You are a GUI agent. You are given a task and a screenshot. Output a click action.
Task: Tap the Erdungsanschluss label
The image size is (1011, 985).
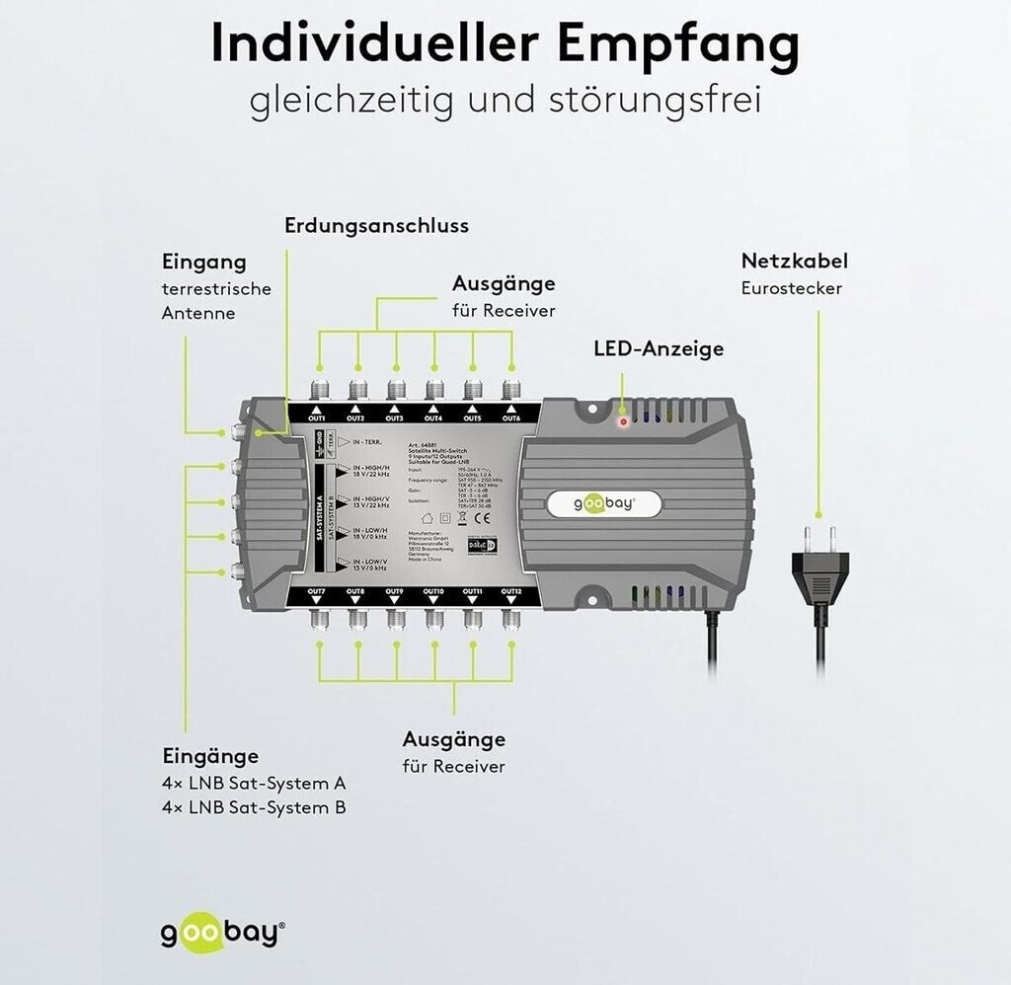point(376,226)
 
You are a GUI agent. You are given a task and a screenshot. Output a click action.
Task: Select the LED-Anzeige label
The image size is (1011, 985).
point(658,348)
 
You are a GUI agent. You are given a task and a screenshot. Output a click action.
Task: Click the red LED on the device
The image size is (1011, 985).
point(623,421)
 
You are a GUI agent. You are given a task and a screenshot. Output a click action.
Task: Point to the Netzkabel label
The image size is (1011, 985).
point(794,262)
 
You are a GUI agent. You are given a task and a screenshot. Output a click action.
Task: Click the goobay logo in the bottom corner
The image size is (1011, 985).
point(222,933)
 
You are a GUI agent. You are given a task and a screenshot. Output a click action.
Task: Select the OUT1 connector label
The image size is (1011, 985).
point(317,417)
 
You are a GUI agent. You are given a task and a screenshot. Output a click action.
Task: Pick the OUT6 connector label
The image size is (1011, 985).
point(510,417)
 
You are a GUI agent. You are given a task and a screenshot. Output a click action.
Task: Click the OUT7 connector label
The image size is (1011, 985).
point(317,591)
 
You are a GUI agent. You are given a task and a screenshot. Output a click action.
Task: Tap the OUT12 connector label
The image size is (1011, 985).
point(510,591)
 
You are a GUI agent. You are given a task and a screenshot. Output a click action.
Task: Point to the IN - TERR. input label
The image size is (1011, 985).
point(370,443)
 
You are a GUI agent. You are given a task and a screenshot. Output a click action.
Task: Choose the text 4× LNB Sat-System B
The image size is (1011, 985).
point(254,807)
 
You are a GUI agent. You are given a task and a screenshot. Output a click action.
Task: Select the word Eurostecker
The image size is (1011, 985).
point(791,288)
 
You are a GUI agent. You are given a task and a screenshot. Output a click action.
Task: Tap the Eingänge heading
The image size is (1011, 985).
point(210,756)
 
